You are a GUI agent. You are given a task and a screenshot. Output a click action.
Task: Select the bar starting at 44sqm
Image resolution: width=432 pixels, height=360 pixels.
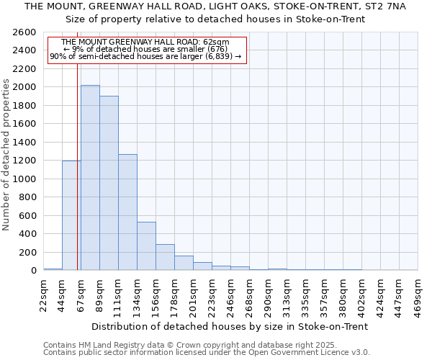tap(71, 215)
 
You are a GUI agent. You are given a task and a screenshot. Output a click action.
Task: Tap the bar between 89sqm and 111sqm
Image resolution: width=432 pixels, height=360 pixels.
tap(109, 183)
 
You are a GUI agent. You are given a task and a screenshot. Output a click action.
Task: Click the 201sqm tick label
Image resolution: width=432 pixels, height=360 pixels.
tap(194, 293)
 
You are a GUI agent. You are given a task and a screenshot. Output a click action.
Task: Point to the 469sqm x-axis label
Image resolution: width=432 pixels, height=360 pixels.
tap(418, 293)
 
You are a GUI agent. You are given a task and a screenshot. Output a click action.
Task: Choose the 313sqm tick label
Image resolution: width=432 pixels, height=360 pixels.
tap(287, 293)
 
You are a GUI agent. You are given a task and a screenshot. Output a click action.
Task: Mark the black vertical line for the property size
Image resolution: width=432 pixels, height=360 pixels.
tap(77, 166)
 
